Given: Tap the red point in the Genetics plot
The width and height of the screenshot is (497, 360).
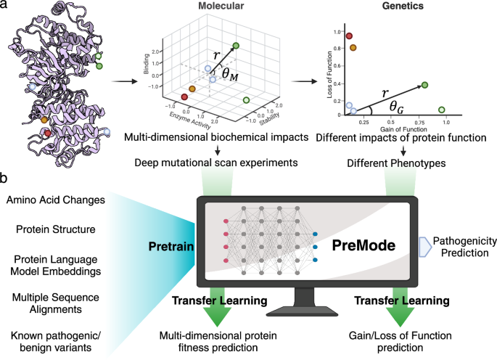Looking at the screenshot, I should tap(349, 36).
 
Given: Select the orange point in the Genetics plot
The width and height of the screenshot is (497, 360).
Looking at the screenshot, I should tap(353, 47).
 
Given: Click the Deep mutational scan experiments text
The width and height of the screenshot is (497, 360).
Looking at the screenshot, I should tap(217, 161).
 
